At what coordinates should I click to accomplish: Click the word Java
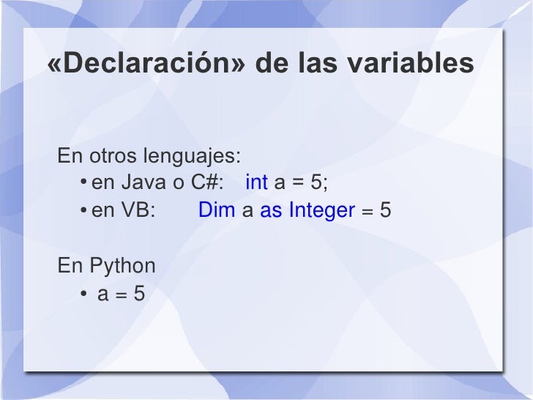[144, 181]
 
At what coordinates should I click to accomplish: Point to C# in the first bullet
[206, 181]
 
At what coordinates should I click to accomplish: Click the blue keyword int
[256, 181]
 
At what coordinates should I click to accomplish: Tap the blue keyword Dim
[217, 211]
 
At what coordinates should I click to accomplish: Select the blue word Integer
[321, 211]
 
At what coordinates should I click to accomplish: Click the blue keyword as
[271, 211]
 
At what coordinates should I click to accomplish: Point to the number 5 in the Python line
[139, 295]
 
